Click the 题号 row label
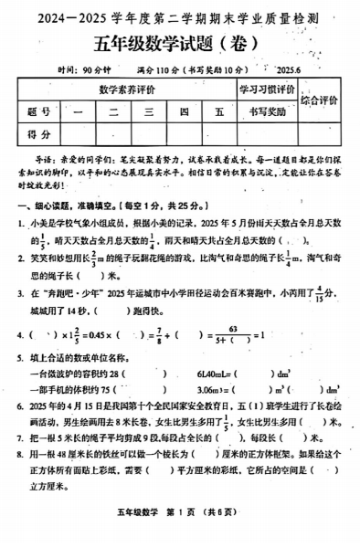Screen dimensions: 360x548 pyautogui.click(x=38, y=111)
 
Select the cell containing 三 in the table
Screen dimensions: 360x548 pyautogui.click(x=146, y=111)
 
